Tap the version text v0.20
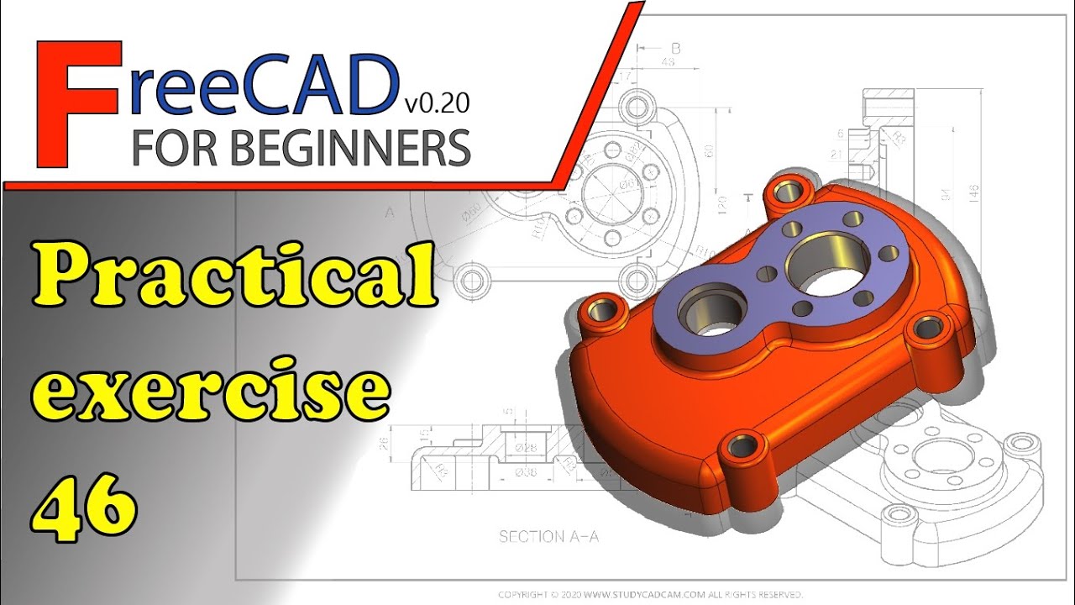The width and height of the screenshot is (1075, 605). click(x=436, y=103)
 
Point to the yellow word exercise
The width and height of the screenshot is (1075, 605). click(x=217, y=392)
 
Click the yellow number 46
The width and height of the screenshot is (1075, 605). click(x=85, y=504)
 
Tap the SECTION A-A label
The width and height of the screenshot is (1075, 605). click(x=548, y=536)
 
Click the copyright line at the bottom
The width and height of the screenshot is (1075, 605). click(x=651, y=594)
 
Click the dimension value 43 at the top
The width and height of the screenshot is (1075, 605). click(x=669, y=63)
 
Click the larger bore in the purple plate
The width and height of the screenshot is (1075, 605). click(x=826, y=266)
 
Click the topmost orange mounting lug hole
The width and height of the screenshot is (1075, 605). click(x=788, y=190)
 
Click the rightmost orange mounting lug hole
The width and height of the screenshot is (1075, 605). click(x=926, y=329)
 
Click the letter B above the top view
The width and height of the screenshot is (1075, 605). click(x=675, y=48)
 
